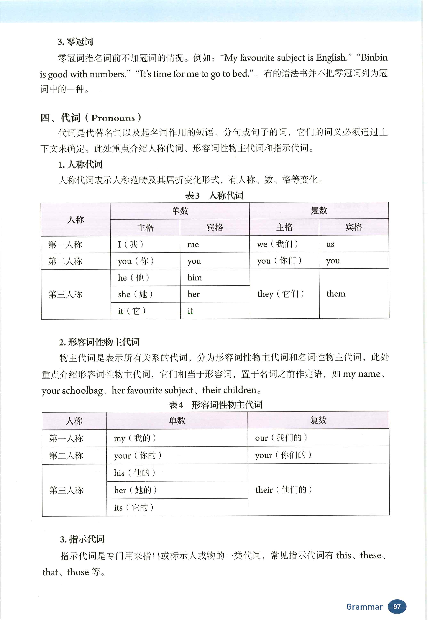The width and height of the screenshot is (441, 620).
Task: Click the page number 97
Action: point(397,606)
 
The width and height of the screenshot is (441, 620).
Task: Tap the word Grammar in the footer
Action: point(364,607)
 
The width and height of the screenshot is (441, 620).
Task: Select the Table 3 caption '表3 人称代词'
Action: point(214,195)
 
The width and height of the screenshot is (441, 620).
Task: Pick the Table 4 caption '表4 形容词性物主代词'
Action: point(215,405)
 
